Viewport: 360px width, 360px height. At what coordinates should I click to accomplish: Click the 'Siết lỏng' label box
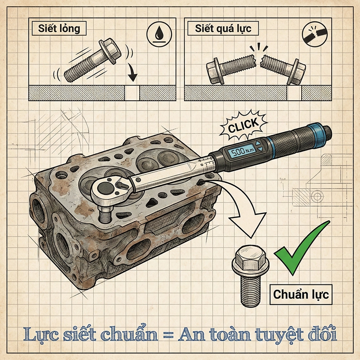[59, 29]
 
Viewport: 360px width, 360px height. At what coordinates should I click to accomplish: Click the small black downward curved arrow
[132, 72]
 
